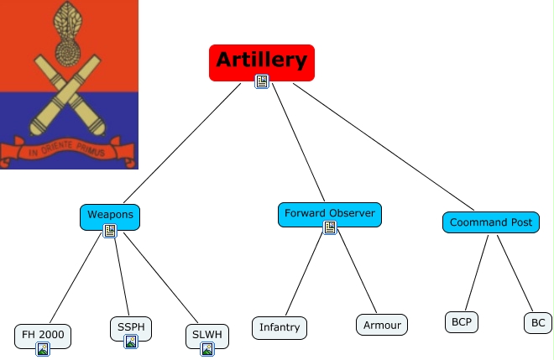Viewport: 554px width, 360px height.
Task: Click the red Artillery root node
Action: [262, 63]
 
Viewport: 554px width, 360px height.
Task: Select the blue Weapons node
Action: [110, 217]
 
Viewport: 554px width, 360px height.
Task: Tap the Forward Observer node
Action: [330, 215]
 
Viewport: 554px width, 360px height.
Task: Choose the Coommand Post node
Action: [491, 222]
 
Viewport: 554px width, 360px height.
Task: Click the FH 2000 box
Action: [43, 336]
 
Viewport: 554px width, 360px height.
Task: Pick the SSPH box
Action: [131, 329]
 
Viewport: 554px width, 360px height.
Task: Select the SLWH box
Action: [207, 336]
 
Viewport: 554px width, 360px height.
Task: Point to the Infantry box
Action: [280, 328]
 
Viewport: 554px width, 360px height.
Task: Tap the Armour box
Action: [382, 325]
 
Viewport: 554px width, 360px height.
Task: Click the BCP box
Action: [462, 322]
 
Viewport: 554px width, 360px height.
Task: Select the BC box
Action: [538, 322]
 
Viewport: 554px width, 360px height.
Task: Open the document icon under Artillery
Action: [262, 81]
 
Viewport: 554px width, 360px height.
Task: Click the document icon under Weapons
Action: [110, 231]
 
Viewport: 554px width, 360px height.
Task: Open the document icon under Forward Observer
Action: [330, 227]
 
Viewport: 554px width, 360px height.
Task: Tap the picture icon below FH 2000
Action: [43, 349]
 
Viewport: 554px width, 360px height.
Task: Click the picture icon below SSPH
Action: [131, 342]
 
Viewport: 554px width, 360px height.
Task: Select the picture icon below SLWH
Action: [207, 349]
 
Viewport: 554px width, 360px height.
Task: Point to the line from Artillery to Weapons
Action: [182, 143]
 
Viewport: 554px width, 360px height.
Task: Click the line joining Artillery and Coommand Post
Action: [384, 147]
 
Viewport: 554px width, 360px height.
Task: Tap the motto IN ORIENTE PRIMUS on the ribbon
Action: [67, 149]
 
